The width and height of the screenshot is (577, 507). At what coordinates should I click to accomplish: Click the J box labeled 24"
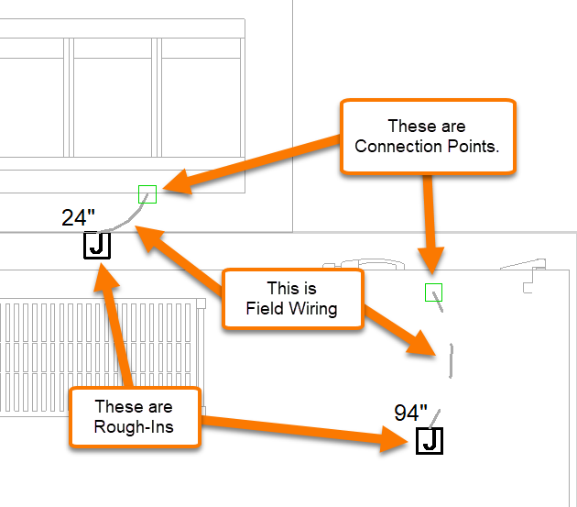pyautogui.click(x=97, y=245)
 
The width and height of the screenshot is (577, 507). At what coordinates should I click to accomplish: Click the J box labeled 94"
pyautogui.click(x=430, y=441)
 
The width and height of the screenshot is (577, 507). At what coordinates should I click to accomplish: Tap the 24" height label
pyautogui.click(x=78, y=217)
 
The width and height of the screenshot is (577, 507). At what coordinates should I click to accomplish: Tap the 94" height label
pyautogui.click(x=411, y=413)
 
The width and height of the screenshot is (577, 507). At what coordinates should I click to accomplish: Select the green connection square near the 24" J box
pyautogui.click(x=147, y=193)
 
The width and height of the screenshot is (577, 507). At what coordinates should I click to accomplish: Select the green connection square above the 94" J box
pyautogui.click(x=434, y=292)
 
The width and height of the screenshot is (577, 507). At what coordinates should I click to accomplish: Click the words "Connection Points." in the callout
pyautogui.click(x=427, y=147)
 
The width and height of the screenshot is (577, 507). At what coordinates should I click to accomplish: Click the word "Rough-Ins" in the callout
pyautogui.click(x=134, y=427)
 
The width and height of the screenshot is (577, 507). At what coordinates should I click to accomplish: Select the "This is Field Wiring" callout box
pyautogui.click(x=291, y=299)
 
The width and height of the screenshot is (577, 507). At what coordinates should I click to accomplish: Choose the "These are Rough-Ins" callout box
pyautogui.click(x=134, y=417)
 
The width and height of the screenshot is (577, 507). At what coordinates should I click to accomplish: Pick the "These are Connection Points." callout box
pyautogui.click(x=427, y=137)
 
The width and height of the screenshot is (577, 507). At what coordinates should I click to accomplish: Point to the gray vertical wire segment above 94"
pyautogui.click(x=452, y=360)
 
